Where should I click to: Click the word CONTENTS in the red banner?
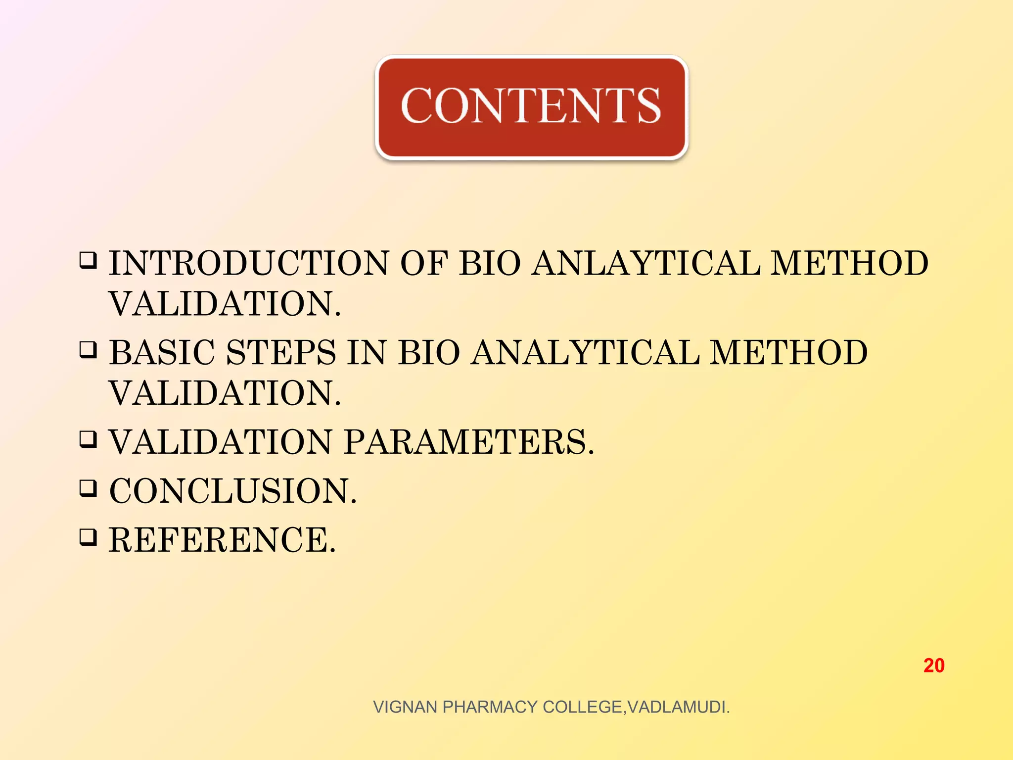click(531, 105)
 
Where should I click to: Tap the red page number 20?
click(934, 665)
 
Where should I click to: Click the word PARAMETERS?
click(469, 441)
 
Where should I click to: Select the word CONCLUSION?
click(232, 491)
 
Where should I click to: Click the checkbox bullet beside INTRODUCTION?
click(88, 260)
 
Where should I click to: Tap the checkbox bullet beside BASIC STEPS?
click(88, 350)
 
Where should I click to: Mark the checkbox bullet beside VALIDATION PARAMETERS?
click(88, 439)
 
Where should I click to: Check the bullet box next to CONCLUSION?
click(88, 488)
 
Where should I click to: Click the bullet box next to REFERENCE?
click(88, 537)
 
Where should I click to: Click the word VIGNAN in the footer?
click(405, 707)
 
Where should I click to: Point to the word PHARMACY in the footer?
click(490, 707)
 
